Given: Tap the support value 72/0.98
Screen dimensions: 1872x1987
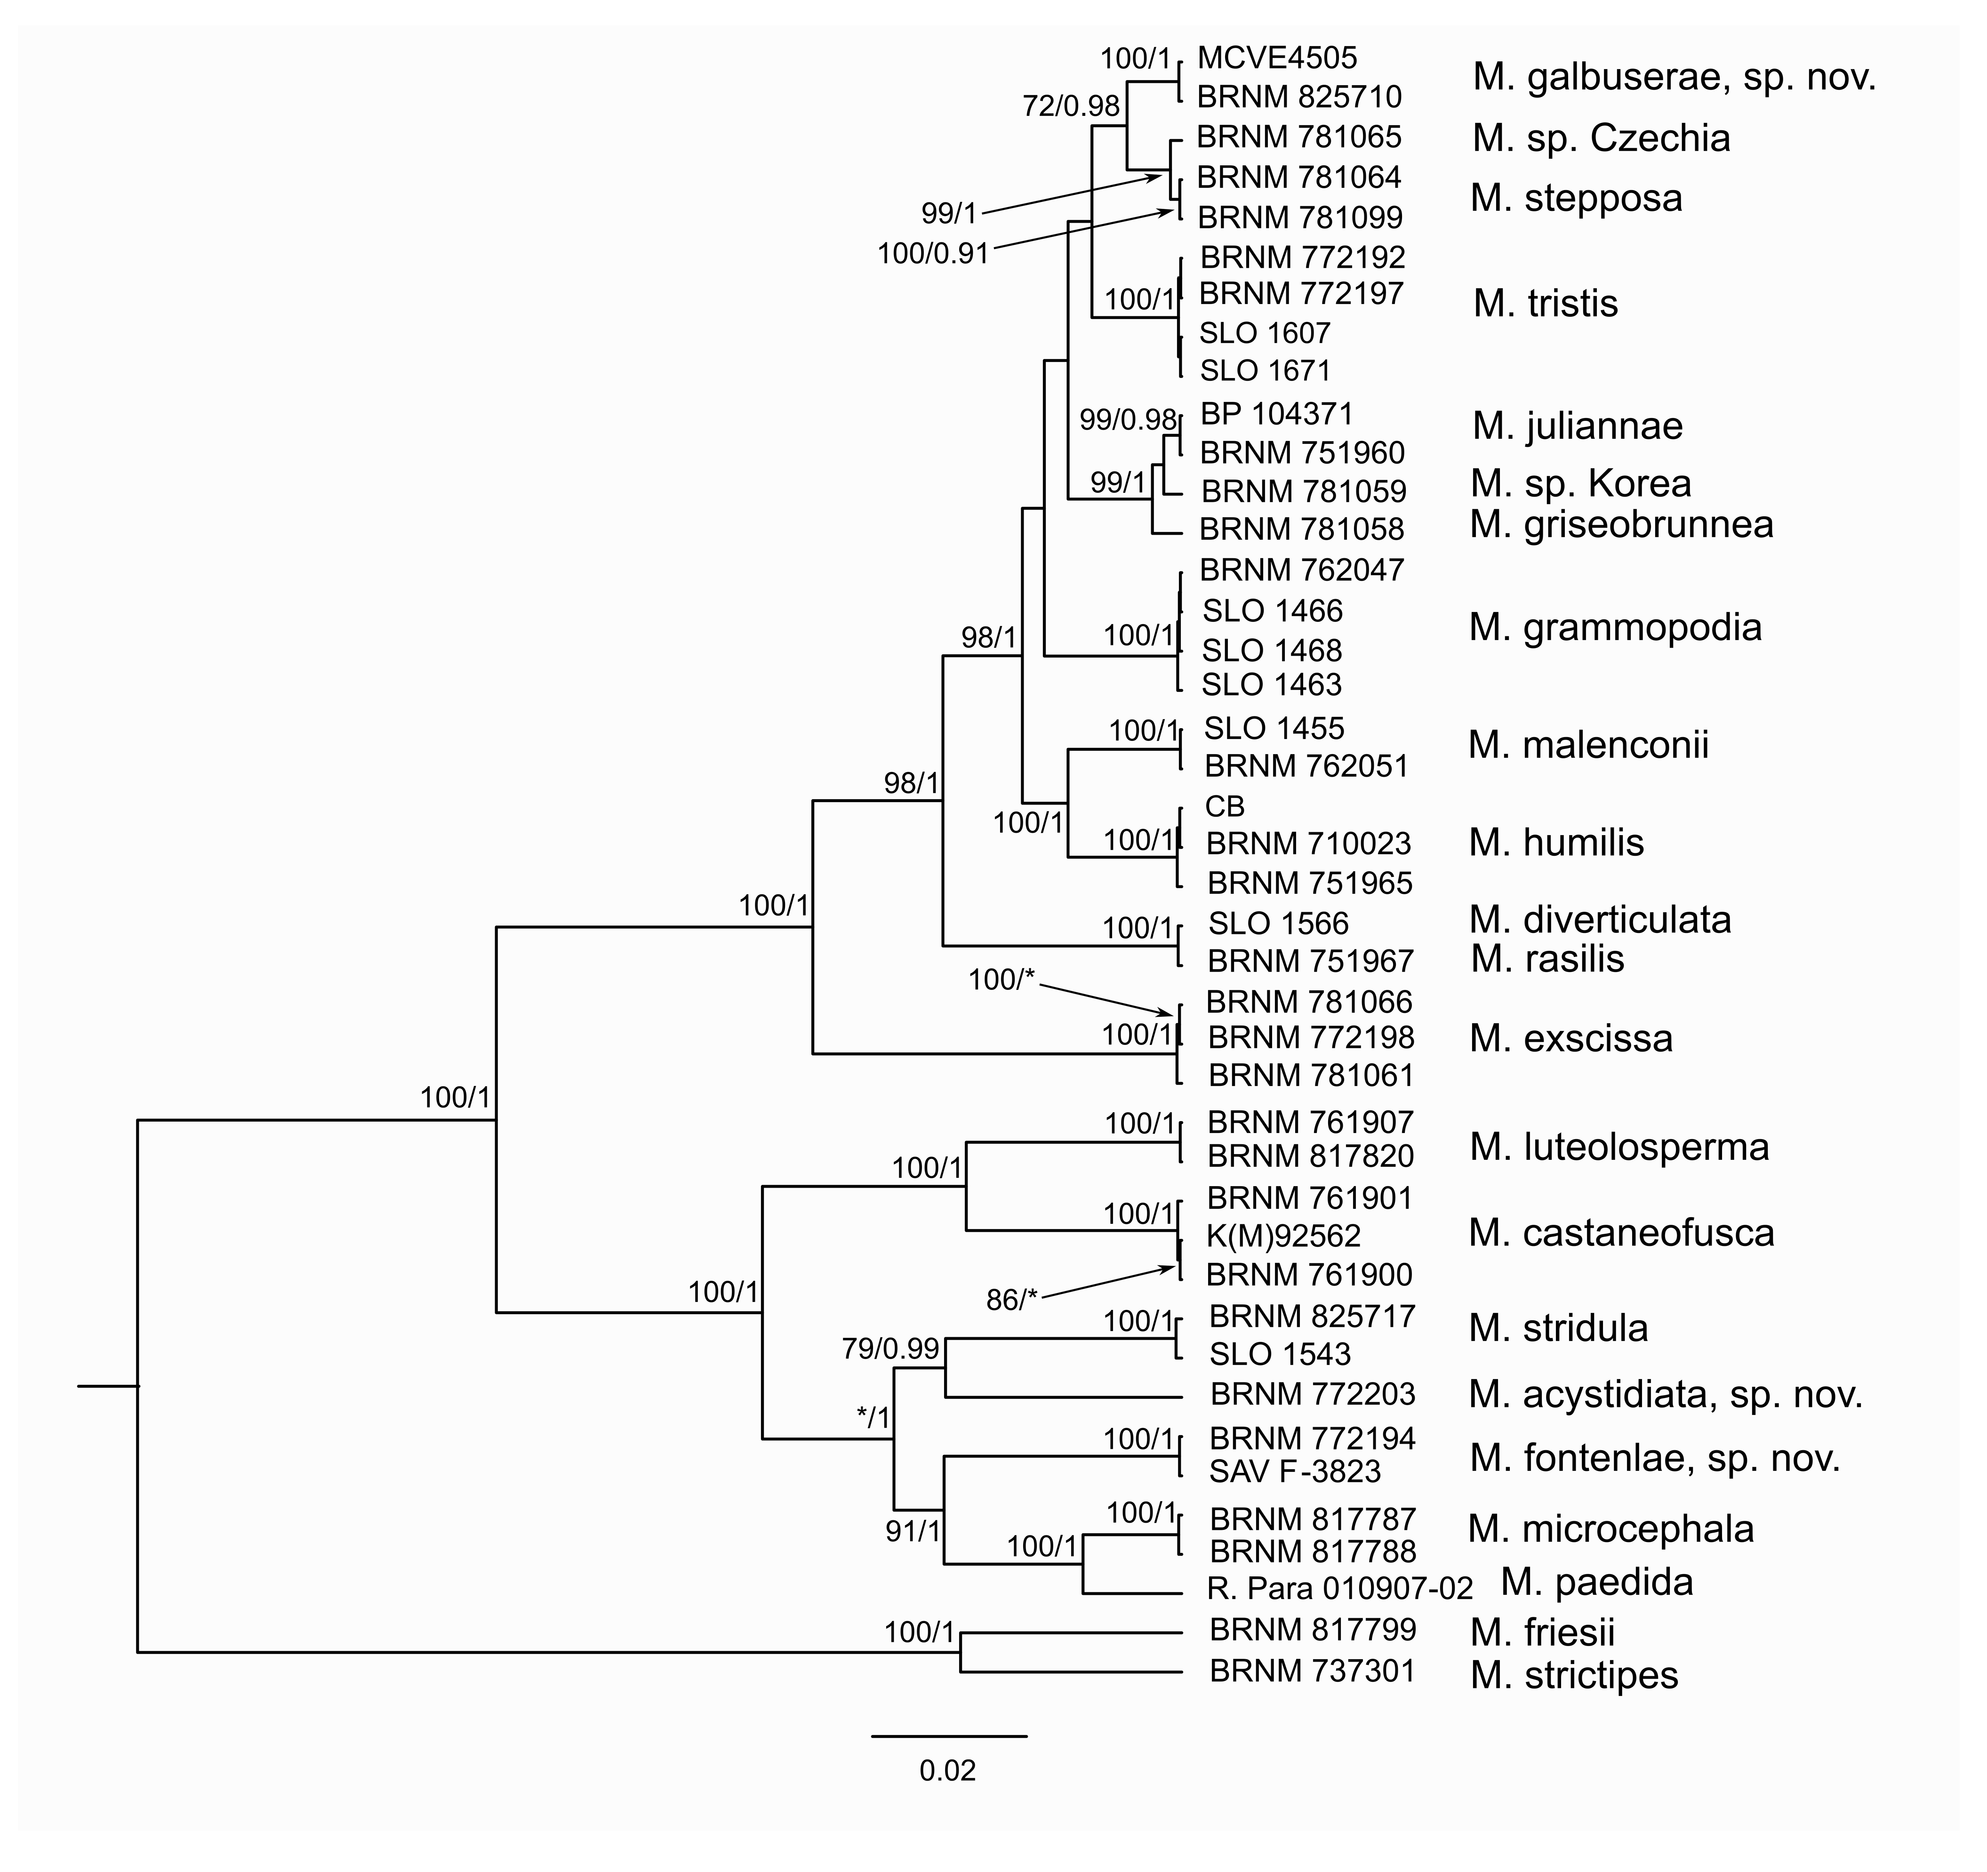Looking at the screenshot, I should (1071, 106).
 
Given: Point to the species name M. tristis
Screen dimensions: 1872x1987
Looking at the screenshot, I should (1545, 304).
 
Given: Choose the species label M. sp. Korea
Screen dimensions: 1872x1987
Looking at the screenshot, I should (1580, 484).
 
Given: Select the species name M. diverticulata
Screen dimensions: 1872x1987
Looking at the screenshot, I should (1599, 919).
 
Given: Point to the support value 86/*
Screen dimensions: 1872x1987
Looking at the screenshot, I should (1011, 1300).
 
